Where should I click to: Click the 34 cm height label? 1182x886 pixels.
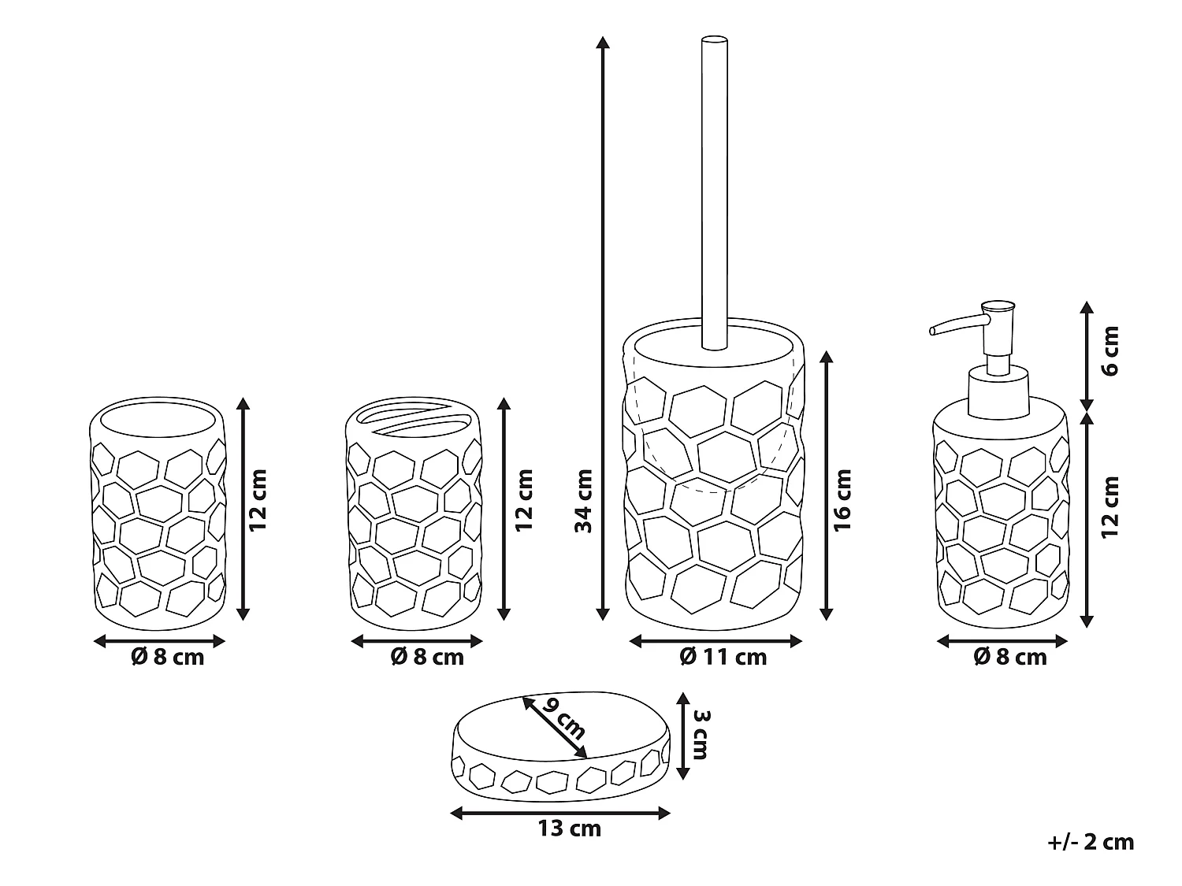point(584,501)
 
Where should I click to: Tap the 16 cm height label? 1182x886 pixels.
point(842,499)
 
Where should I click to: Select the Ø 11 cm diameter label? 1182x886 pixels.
point(723,656)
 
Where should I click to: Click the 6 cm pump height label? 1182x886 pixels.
point(1110,350)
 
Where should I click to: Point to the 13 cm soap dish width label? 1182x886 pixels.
point(569,829)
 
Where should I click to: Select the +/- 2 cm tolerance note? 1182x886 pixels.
point(1091,842)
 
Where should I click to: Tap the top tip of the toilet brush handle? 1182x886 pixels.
point(714,39)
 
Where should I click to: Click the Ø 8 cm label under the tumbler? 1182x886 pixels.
point(167,656)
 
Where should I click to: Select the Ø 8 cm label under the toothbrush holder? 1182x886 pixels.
point(427,656)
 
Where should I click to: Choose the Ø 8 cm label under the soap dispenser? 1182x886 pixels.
point(1010,656)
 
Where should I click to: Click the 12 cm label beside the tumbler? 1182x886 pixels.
point(258,499)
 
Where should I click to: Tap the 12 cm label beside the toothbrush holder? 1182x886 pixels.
point(524,499)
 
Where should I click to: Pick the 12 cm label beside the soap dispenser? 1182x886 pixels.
point(1110,506)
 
